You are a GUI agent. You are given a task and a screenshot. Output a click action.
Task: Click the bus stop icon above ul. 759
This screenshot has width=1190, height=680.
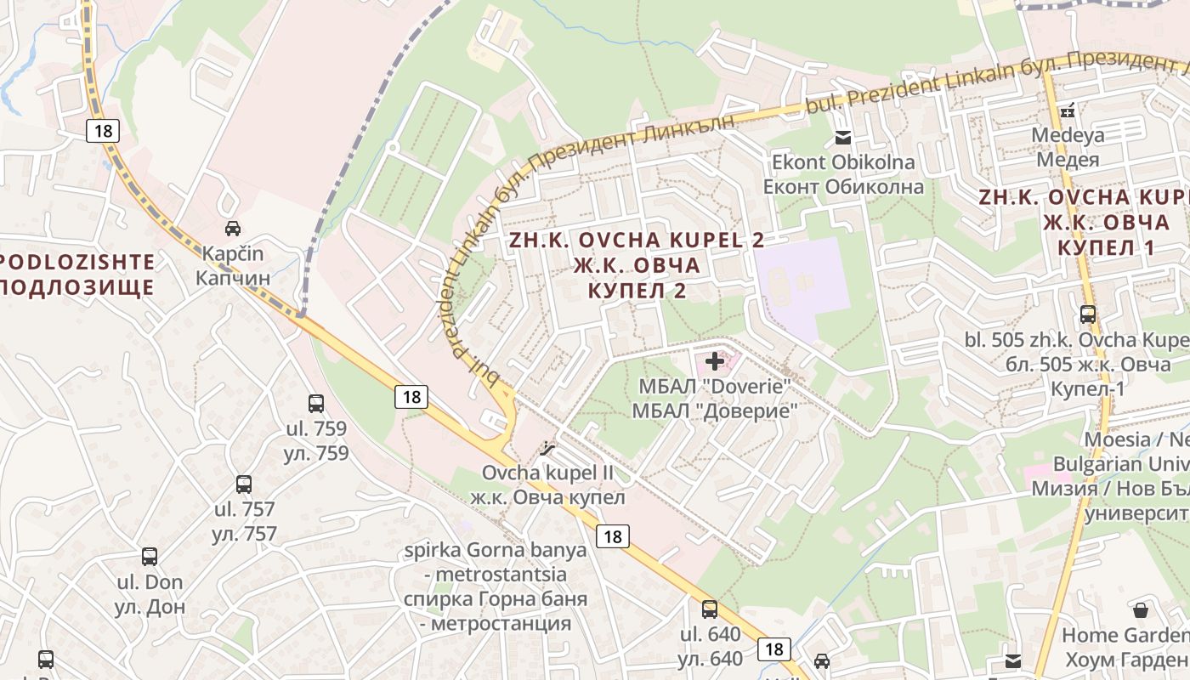point(316,404)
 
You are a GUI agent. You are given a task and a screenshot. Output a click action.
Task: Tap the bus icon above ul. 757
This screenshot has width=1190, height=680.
point(244,484)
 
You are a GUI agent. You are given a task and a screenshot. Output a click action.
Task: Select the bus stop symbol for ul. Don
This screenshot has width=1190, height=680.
point(150,557)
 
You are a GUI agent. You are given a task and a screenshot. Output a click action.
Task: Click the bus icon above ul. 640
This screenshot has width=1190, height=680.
point(710,609)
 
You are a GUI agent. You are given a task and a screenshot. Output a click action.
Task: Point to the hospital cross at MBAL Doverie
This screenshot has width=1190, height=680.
point(715,361)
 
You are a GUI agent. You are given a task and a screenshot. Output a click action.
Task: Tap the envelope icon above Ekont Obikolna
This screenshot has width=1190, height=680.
point(843,138)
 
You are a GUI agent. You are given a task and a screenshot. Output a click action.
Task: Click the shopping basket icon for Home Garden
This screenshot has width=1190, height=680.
point(1141,610)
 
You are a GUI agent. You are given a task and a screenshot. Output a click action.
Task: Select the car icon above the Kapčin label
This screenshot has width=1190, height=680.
point(232,228)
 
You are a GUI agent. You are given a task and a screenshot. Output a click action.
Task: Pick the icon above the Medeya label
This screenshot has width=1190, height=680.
point(1068,110)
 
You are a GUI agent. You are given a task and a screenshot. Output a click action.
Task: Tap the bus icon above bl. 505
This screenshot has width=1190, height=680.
point(1088,314)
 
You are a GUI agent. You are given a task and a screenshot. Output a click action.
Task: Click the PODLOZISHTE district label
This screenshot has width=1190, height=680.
point(77,262)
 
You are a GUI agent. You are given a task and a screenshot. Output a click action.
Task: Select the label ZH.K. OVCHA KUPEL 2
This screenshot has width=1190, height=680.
point(637,241)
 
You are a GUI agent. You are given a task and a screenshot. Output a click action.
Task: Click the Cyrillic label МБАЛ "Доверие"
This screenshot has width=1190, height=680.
point(715,411)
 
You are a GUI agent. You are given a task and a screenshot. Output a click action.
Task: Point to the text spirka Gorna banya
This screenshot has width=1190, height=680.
point(496,549)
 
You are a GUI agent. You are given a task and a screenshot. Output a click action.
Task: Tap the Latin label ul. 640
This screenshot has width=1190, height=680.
point(710,634)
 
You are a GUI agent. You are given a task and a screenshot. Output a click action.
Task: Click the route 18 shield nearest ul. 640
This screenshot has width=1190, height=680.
point(773,649)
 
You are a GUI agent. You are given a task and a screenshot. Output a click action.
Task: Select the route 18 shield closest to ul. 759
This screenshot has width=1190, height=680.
point(411,396)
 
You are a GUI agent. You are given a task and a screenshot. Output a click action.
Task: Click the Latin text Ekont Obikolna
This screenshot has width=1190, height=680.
point(843,162)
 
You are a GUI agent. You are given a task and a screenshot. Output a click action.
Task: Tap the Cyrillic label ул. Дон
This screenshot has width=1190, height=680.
point(150,607)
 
